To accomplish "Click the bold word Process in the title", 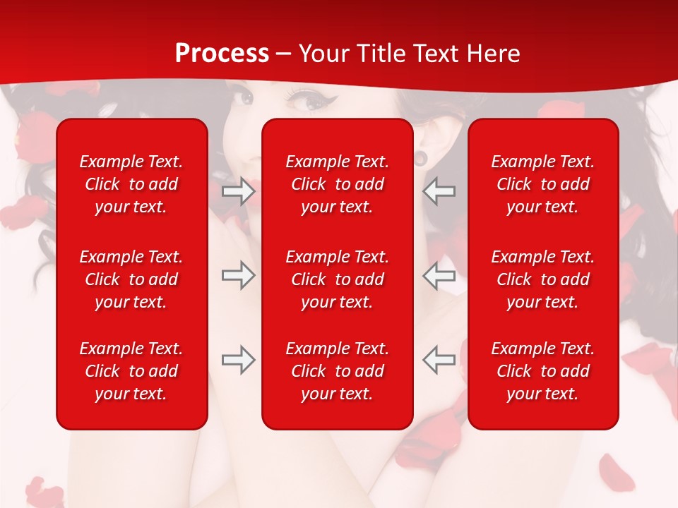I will point(222,54).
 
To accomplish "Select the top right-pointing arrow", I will point(238,191).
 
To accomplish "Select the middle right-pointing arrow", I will point(238,276).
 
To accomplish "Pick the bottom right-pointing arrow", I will point(238,360).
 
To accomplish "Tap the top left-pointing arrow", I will point(439,191).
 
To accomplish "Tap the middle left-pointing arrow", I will point(439,276).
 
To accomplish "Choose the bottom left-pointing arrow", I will point(439,360).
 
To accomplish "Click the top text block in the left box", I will point(131,184).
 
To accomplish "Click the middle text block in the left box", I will point(131,279).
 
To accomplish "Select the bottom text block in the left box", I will point(131,371).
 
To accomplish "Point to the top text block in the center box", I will point(338,184).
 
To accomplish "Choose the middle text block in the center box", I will point(338,279).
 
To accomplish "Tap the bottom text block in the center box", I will point(338,371).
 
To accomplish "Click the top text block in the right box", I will point(543,184).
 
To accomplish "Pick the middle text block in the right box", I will point(543,279).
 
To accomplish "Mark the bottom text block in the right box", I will point(543,371).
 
